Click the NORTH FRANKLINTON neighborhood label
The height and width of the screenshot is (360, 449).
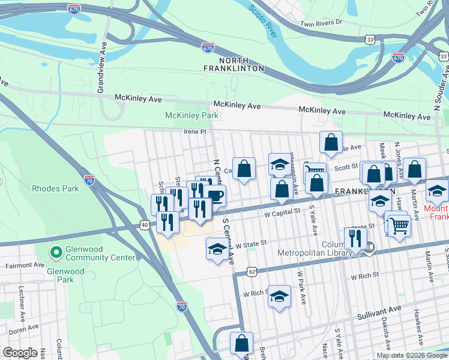(x=241, y=64)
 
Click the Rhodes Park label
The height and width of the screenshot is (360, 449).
(x=56, y=188)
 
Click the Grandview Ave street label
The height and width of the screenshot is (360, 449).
(x=101, y=71)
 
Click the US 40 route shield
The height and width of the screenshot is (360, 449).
(x=145, y=225)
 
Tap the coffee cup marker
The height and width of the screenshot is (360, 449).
(x=214, y=195)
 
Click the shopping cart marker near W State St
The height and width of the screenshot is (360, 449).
(x=399, y=226)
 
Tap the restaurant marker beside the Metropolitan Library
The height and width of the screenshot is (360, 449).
(x=355, y=238)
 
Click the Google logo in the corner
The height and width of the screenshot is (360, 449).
(x=20, y=353)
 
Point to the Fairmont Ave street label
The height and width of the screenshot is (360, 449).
(x=25, y=265)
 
